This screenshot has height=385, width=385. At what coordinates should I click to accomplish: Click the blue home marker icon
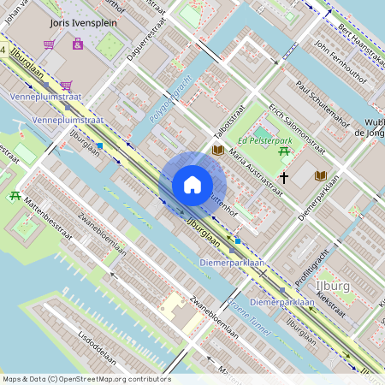point(192,185)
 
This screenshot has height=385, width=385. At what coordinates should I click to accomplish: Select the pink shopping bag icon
point(78,43)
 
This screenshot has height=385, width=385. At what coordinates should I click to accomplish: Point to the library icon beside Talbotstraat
point(217,151)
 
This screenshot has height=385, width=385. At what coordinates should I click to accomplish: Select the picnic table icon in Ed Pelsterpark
point(283,151)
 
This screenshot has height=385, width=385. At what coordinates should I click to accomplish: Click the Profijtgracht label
point(314,271)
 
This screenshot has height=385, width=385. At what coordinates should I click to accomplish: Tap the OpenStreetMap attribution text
point(86,379)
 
